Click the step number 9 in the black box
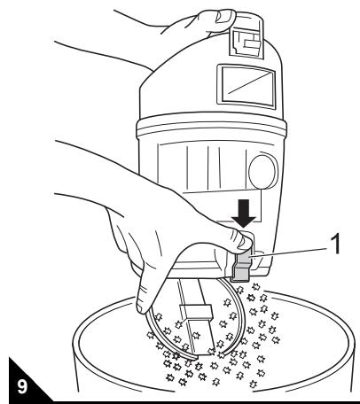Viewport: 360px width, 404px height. pos(19,387)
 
